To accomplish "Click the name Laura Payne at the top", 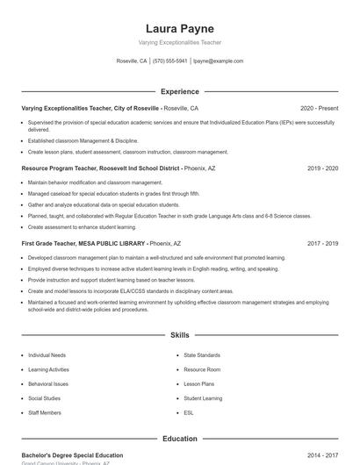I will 180,28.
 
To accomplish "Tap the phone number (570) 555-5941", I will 170,61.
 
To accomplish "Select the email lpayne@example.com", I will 218,61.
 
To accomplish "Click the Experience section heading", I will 180,91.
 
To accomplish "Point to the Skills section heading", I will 180,335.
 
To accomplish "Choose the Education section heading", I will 180,438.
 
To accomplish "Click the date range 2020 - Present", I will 319,108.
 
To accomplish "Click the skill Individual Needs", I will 47,355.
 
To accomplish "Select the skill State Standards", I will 202,355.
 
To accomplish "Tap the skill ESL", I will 190,411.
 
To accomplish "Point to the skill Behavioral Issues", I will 48,383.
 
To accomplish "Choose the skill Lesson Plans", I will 199,383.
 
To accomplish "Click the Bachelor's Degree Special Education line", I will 72,455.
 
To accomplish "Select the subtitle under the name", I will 180,42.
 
